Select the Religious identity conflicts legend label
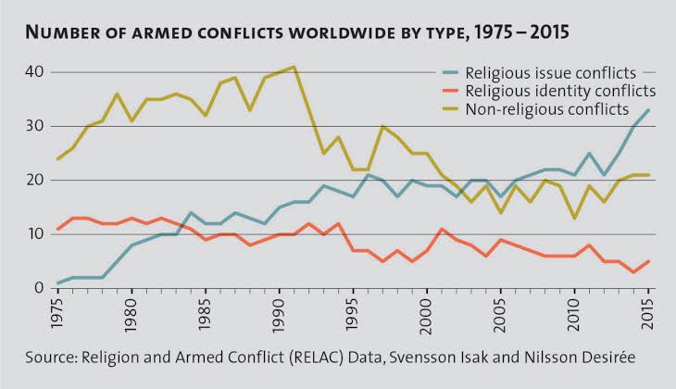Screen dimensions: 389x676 (x=561, y=91)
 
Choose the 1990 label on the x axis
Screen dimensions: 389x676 (x=278, y=316)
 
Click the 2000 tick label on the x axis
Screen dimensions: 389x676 (x=427, y=316)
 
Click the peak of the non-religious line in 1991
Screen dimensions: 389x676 (x=293, y=67)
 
